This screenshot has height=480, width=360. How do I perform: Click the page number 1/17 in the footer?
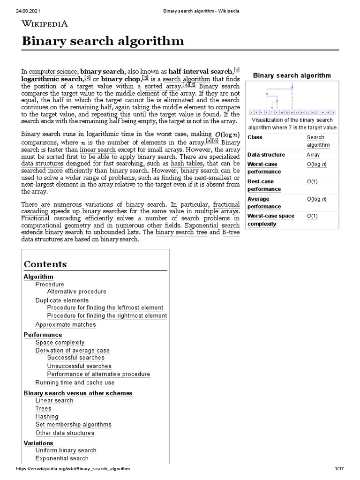point(340,469)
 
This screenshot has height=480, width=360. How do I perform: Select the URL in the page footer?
point(73,469)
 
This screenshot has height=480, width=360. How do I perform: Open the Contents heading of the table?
point(45,264)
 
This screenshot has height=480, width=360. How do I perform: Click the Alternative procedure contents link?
point(76,292)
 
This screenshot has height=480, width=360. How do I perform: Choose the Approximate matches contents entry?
point(65,324)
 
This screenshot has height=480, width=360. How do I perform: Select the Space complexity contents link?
point(60,343)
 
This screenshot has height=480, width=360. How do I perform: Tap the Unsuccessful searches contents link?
point(79,366)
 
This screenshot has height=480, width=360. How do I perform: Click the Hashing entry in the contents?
point(47,416)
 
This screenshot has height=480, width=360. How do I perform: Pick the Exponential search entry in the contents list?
point(62,458)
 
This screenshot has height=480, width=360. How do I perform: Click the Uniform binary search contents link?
point(66,450)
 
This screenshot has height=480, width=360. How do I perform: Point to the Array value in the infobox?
point(313,155)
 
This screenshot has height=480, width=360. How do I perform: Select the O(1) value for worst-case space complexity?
point(312,216)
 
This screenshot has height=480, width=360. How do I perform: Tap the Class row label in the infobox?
point(255,137)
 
